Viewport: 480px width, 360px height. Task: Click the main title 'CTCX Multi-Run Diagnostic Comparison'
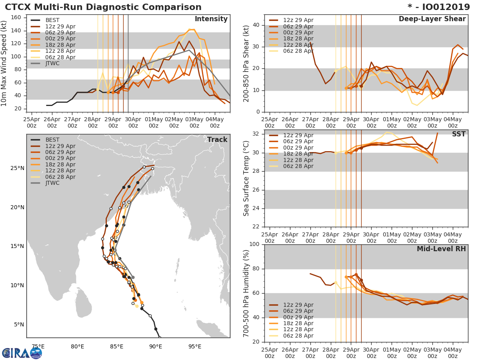pos(103,7)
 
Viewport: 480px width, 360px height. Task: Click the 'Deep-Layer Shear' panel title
pos(432,19)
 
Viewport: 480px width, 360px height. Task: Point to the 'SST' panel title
pos(459,134)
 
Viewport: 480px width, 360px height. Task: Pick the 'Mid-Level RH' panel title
pos(441,249)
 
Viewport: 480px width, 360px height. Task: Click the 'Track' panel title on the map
pos(217,140)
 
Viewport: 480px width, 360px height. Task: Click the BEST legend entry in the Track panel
pos(52,140)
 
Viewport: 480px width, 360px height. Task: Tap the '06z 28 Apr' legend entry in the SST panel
pos(298,166)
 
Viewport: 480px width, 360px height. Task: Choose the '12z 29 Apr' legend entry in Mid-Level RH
pos(298,305)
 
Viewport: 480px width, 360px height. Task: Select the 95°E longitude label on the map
pos(194,346)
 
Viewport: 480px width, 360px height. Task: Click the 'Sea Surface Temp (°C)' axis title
pos(247,178)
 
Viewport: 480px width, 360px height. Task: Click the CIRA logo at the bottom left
pos(22,353)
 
